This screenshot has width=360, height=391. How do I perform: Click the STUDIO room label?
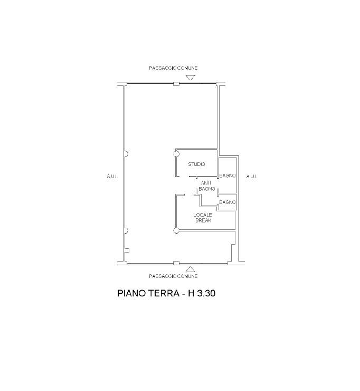(196, 164)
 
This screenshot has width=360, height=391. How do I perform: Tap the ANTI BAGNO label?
(206, 186)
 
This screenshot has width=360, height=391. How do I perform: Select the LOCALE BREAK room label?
(203, 218)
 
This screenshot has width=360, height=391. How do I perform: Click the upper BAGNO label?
(227, 175)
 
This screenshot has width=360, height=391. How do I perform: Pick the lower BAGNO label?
(227, 202)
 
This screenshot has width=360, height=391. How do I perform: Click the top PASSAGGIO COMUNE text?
(173, 68)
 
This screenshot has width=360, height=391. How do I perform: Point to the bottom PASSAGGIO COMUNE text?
(173, 276)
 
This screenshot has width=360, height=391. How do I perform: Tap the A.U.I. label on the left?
(112, 176)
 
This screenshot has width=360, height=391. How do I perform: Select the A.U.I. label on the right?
(252, 176)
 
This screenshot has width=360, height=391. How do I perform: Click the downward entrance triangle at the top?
(191, 77)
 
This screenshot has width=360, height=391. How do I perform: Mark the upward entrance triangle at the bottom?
(191, 269)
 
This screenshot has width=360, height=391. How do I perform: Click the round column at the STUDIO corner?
(176, 154)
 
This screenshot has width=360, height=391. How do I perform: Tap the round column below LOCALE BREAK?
(176, 231)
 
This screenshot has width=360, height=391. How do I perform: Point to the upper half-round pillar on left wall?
(126, 154)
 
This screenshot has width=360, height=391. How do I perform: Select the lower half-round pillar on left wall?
(126, 231)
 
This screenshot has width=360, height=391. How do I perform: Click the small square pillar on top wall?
(176, 84)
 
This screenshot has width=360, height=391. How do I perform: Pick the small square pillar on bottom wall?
(176, 263)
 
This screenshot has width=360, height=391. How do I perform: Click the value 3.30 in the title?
(206, 293)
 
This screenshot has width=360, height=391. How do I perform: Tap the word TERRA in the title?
(164, 293)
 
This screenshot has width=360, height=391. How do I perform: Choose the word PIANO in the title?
(131, 293)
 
